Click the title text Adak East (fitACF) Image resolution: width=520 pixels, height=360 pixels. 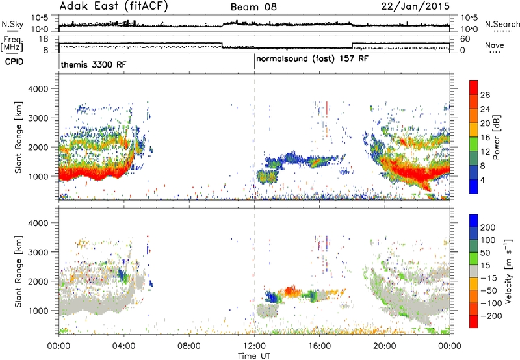(x=114, y=6)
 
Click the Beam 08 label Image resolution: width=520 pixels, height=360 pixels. (x=253, y=7)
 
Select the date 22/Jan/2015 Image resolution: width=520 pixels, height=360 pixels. (x=415, y=6)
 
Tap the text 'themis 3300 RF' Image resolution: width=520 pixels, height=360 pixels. (x=94, y=64)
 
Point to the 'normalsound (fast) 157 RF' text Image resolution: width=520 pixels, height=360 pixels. (x=312, y=59)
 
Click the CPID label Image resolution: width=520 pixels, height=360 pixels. (x=14, y=62)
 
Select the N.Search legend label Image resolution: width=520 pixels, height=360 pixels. (x=502, y=24)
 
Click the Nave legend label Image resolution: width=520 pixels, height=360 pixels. (x=495, y=45)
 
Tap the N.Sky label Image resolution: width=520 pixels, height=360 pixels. (x=12, y=24)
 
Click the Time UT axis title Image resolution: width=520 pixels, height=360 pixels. (x=254, y=356)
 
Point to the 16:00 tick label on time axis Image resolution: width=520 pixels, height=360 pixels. (x=319, y=346)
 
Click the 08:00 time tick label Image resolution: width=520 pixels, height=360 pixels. (x=189, y=346)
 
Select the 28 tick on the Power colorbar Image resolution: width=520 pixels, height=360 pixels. (x=485, y=95)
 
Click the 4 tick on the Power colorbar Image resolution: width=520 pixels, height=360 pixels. (x=482, y=180)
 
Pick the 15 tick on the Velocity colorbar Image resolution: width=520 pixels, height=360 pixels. (x=485, y=266)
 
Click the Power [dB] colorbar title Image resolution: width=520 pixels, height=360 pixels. (x=497, y=137)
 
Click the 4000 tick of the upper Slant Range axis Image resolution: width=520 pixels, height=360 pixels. (x=38, y=89)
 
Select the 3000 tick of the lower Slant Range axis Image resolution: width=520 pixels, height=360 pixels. (x=38, y=252)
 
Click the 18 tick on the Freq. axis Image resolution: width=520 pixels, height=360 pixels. (x=44, y=39)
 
